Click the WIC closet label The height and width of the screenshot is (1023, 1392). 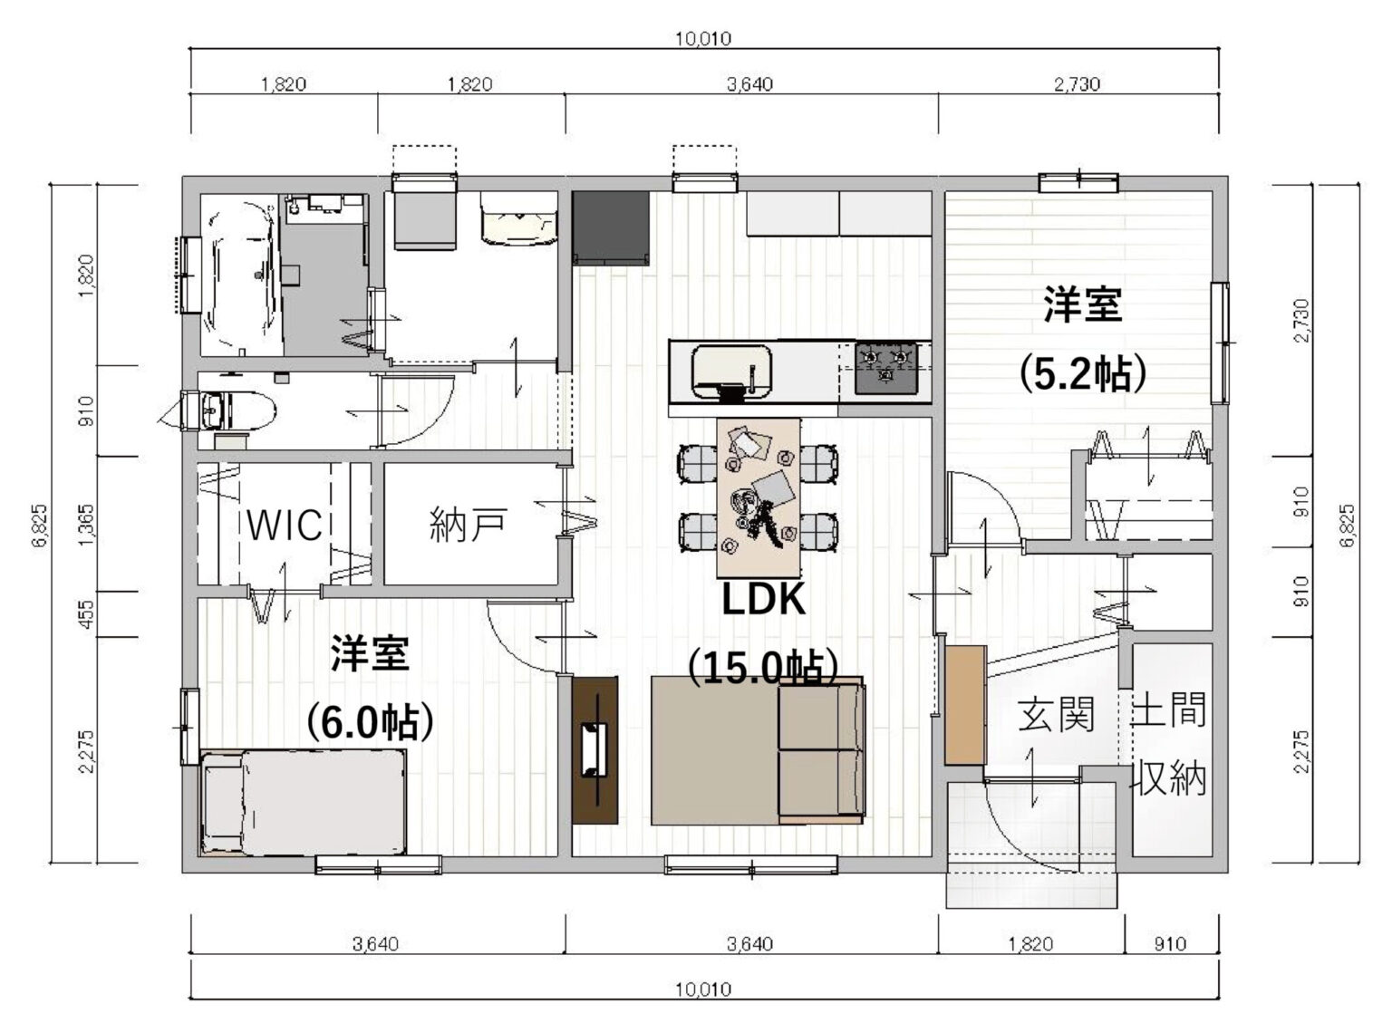pyautogui.click(x=285, y=524)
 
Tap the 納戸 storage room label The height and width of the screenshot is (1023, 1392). pyautogui.click(x=468, y=525)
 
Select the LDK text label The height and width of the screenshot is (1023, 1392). pyautogui.click(x=763, y=600)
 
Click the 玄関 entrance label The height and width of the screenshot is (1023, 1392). pyautogui.click(x=1056, y=714)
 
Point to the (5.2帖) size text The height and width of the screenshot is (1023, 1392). pyautogui.click(x=1083, y=372)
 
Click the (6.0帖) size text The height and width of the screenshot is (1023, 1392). pyautogui.click(x=369, y=722)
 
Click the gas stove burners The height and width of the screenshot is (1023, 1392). pyautogui.click(x=885, y=367)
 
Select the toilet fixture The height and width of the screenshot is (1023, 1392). pyautogui.click(x=230, y=411)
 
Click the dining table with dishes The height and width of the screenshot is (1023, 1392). pyautogui.click(x=759, y=497)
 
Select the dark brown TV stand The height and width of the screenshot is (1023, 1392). pyautogui.click(x=595, y=750)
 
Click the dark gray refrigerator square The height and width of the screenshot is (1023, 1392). pyautogui.click(x=610, y=228)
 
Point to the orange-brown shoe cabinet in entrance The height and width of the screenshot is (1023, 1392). pyautogui.click(x=964, y=704)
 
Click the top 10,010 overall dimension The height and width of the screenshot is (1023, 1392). pyautogui.click(x=702, y=39)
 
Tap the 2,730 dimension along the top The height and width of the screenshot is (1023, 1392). pyautogui.click(x=1077, y=85)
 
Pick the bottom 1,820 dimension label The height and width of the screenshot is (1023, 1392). pyautogui.click(x=1030, y=944)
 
